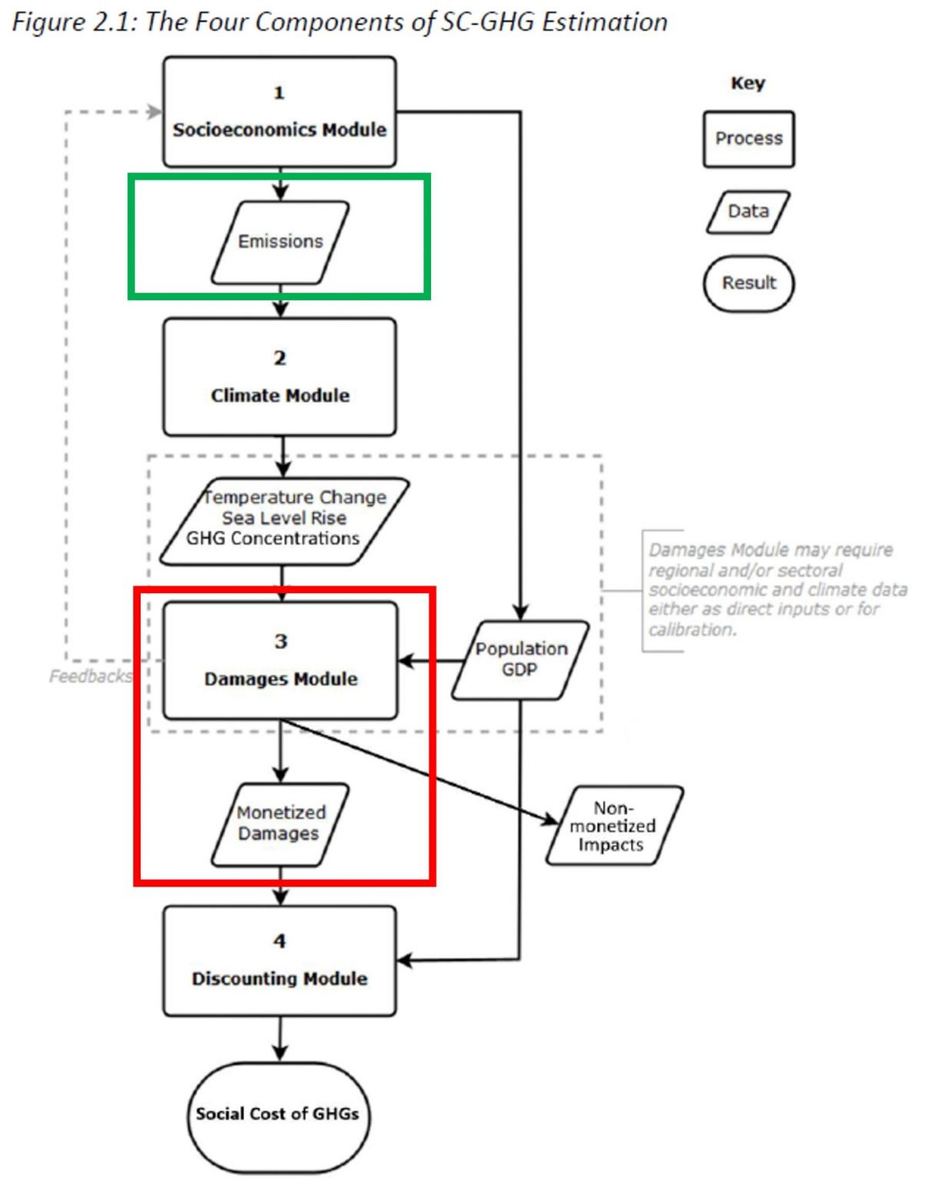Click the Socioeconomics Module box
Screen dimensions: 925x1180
(280, 112)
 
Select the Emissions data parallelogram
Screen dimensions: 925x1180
(280, 242)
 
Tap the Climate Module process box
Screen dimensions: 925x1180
(280, 377)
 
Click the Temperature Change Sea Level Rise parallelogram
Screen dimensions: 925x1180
(284, 522)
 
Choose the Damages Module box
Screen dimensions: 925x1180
(280, 661)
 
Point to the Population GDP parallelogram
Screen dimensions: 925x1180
(520, 660)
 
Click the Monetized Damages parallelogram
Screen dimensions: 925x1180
(280, 824)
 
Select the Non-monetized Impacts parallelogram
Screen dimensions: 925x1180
(614, 825)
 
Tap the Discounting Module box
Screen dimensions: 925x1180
(280, 961)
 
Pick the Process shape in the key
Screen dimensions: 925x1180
(748, 139)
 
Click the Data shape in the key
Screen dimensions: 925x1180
(748, 212)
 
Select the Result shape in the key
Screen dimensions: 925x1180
(748, 283)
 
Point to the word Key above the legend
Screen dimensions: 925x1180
(748, 83)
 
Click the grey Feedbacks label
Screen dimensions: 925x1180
(91, 676)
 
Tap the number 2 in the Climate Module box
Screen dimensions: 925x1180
(280, 358)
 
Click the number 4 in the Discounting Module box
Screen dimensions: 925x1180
(280, 941)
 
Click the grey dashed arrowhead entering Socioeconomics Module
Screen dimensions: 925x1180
(155, 112)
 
